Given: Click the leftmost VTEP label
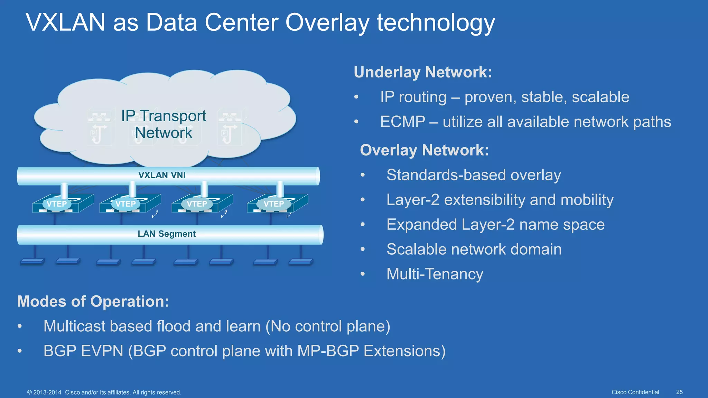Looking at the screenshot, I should point(57,204).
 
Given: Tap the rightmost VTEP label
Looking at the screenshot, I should point(273,204).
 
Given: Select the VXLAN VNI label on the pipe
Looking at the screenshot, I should point(162,175).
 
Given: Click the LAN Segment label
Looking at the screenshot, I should point(167,234).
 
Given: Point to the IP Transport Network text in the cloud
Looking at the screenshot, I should point(164,124).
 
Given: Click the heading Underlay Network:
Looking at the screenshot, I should point(422,72).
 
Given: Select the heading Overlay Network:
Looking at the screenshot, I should point(424,150).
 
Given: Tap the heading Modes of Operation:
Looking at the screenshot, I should point(93,301).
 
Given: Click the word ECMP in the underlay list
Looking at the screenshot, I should point(402,122).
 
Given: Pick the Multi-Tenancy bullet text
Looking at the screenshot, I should point(435,274).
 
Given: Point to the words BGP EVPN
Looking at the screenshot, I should point(83,351).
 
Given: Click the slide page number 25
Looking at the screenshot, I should point(679,392).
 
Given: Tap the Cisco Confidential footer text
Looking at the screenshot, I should point(635,392).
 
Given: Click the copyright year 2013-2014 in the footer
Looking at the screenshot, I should point(47,392).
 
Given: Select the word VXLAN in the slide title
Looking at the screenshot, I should point(65,23).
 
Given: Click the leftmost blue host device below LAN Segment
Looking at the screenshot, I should point(32,262).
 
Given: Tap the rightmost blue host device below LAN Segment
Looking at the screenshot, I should point(300,262).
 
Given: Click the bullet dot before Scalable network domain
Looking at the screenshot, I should point(363,249).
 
